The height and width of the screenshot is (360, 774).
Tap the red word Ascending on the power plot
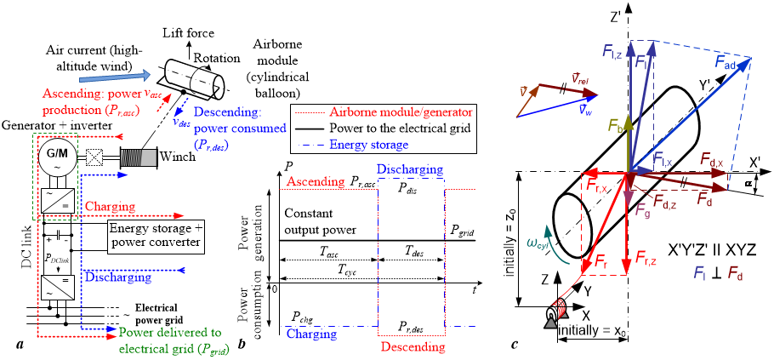(x=316, y=181)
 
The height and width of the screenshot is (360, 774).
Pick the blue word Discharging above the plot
(x=410, y=169)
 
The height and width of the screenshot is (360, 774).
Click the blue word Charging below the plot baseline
(x=311, y=334)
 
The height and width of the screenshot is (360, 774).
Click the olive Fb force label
(x=616, y=127)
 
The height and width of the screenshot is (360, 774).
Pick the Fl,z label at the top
(x=613, y=53)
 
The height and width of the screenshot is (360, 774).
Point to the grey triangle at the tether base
(x=551, y=323)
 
